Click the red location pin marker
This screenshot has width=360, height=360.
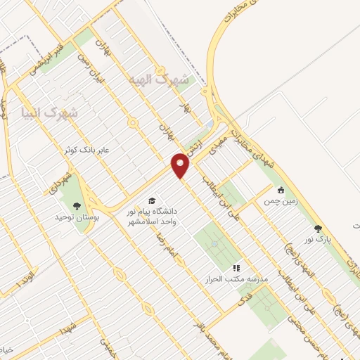182,166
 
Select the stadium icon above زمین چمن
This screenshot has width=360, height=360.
281,189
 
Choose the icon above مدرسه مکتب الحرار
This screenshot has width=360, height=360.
236,267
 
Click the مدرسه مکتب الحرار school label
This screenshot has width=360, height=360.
236,278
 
